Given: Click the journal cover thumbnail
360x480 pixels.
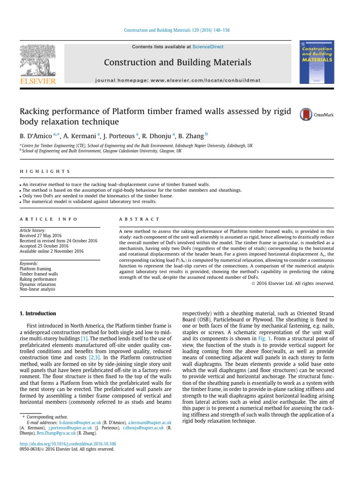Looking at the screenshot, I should pyautogui.click(x=317, y=62).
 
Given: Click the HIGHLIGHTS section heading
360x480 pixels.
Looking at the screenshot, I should pyautogui.click(x=45, y=172).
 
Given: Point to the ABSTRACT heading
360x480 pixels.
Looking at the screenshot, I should pyautogui.click(x=139, y=219).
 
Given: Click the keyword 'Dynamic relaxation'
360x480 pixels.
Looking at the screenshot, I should pyautogui.click(x=37, y=284).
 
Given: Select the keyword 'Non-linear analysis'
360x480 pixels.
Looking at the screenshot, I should pyautogui.click(x=38, y=290).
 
